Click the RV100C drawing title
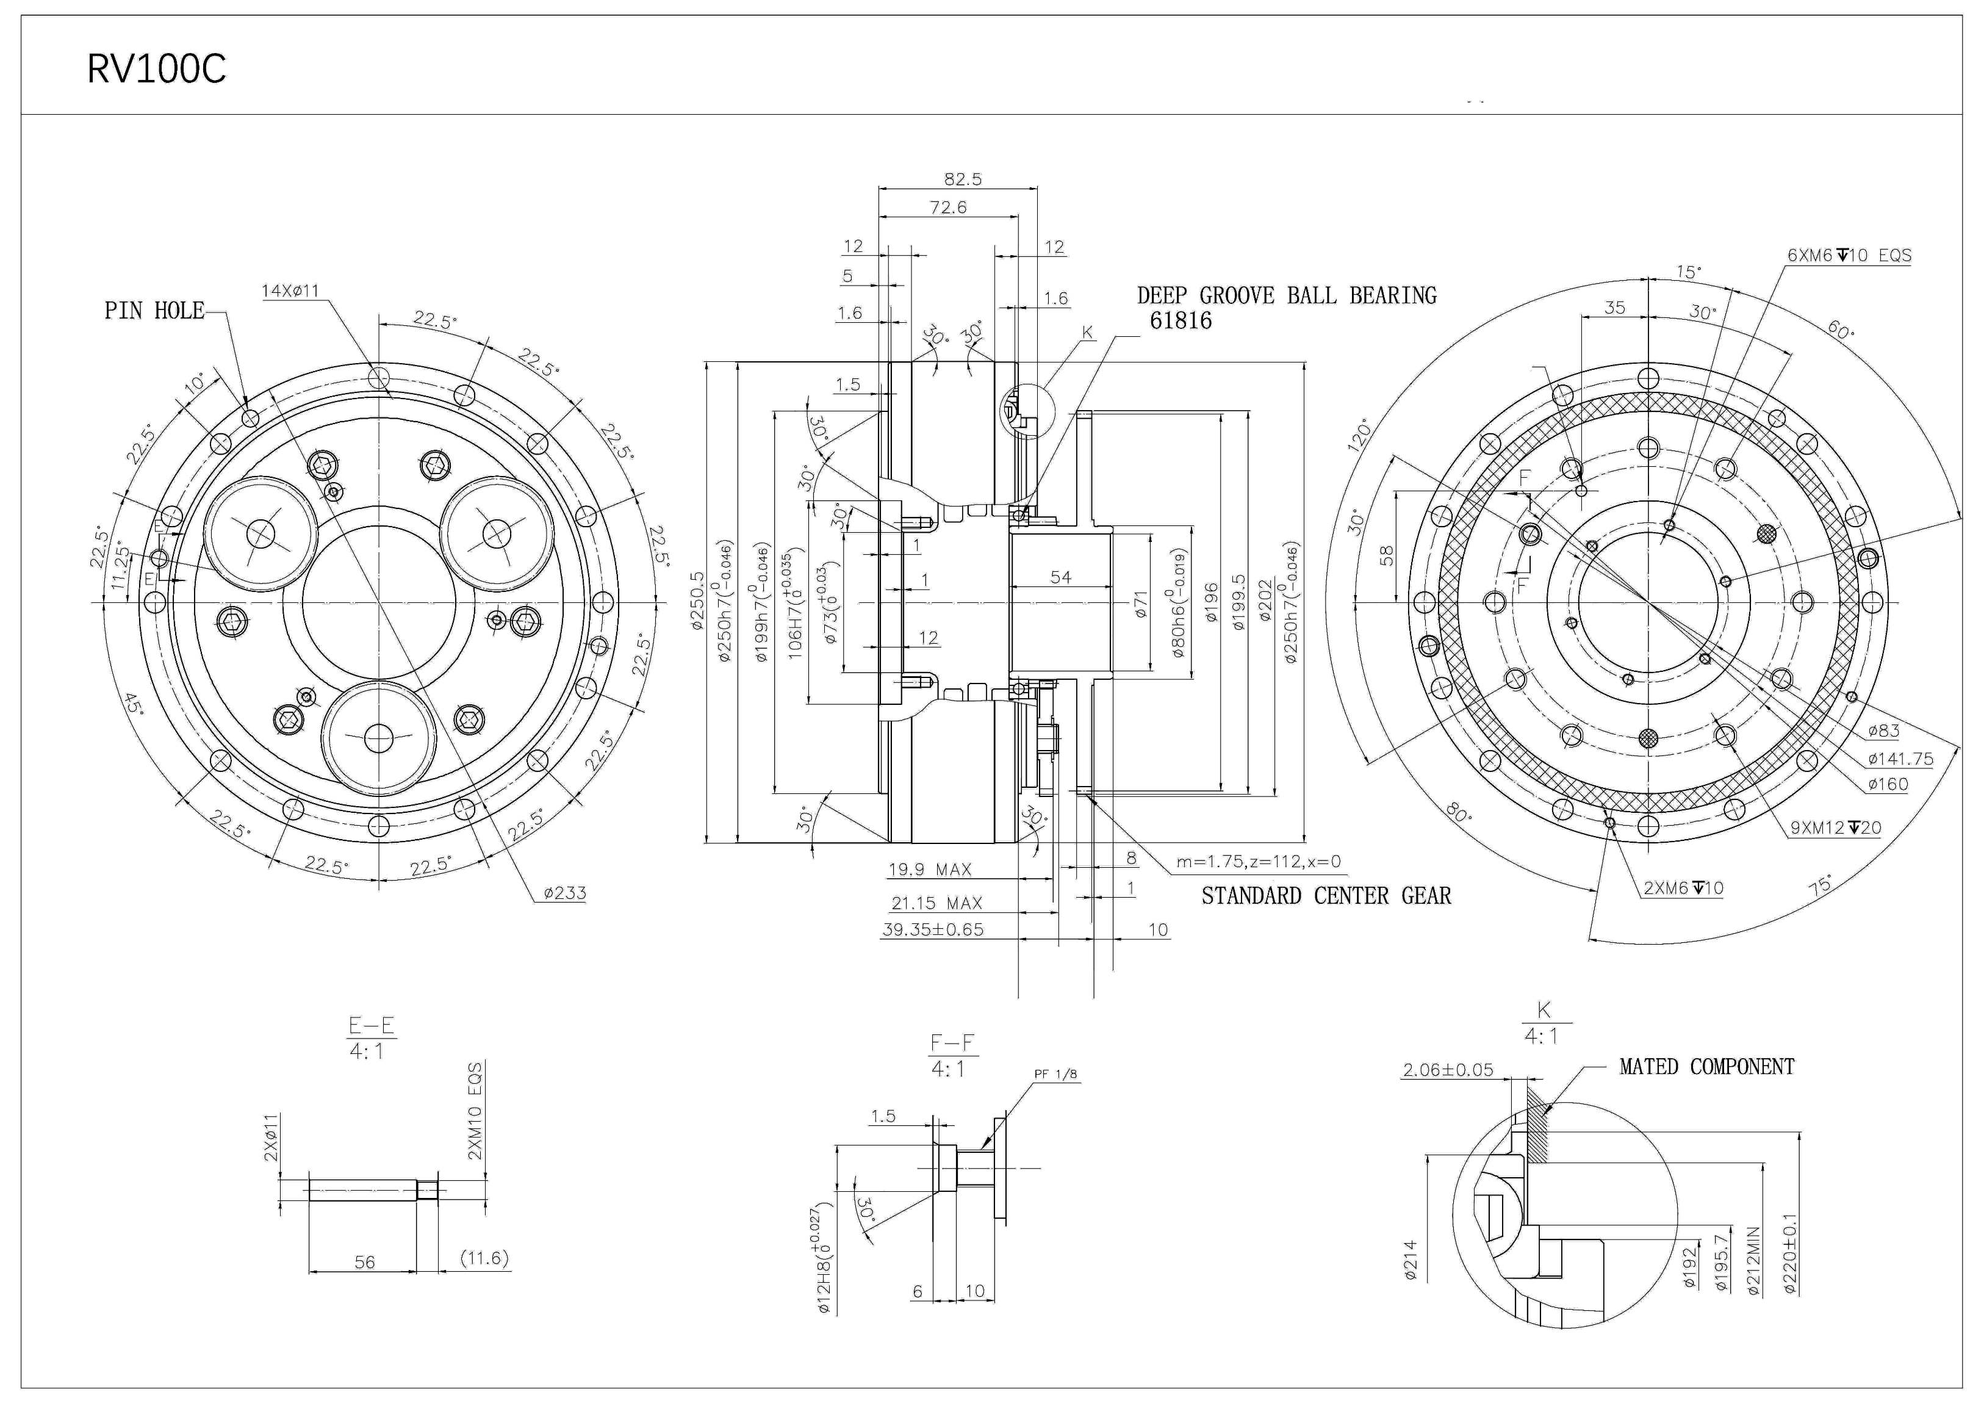click(x=156, y=69)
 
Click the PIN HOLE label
click(x=155, y=311)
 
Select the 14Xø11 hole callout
click(x=290, y=291)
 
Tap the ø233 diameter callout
click(x=565, y=893)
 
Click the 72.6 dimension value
click(x=948, y=207)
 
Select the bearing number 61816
click(x=1181, y=321)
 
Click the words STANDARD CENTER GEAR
click(x=1326, y=896)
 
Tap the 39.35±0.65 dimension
click(x=932, y=930)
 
